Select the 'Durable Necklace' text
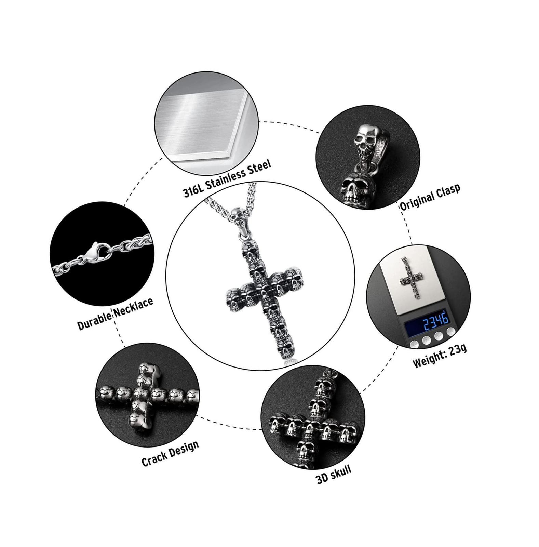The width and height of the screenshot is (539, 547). point(115,313)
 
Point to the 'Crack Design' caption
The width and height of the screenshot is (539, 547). point(170,453)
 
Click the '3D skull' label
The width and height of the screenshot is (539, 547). point(333,474)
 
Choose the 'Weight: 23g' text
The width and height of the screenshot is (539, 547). point(440,356)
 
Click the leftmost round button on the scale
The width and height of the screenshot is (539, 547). point(414,344)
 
